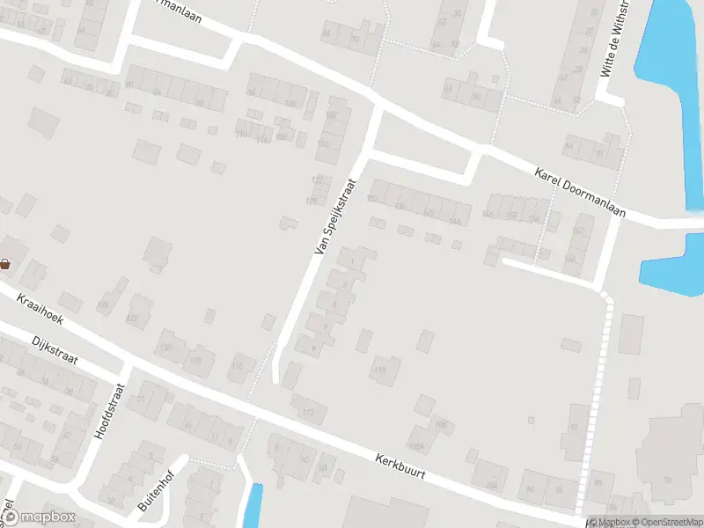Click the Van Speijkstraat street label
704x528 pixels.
coord(335,216)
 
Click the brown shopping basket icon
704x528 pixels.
coord(5,263)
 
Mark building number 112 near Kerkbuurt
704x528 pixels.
coord(309,411)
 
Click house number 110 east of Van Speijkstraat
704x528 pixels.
coord(380,370)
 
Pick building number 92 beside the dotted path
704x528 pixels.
coord(575,428)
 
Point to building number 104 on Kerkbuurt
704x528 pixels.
coord(492,485)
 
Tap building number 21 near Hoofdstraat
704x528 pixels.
coord(141,399)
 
